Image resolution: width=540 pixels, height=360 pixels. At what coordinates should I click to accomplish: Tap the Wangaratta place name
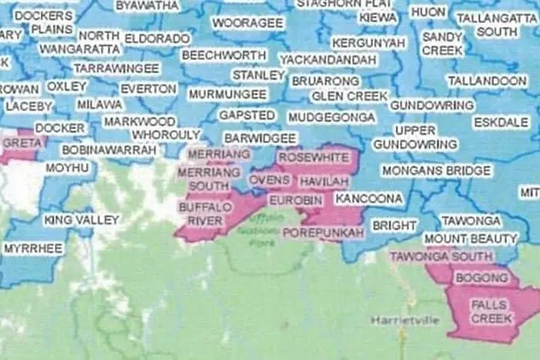click(79, 49)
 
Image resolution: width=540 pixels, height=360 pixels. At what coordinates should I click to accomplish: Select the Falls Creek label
click(491, 311)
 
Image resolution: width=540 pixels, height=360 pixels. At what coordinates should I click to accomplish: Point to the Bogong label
click(482, 278)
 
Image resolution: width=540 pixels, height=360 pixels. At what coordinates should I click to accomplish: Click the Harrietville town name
click(405, 319)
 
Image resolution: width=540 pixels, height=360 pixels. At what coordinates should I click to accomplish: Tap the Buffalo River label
click(201, 214)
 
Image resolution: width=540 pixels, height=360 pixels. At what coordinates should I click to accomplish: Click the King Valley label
click(82, 220)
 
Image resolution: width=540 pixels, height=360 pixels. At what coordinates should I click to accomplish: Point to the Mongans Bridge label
click(436, 170)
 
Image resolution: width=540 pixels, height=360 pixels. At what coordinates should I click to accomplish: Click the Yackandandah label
click(329, 59)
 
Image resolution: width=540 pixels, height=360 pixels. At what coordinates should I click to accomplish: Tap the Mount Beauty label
click(470, 238)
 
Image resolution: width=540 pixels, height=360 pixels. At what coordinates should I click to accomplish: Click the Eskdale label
click(496, 122)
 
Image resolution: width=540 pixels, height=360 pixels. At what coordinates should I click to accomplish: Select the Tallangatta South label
click(497, 25)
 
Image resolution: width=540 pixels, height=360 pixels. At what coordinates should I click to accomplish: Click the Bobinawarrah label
click(110, 150)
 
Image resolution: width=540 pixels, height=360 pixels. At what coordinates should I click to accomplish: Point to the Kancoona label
click(369, 199)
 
